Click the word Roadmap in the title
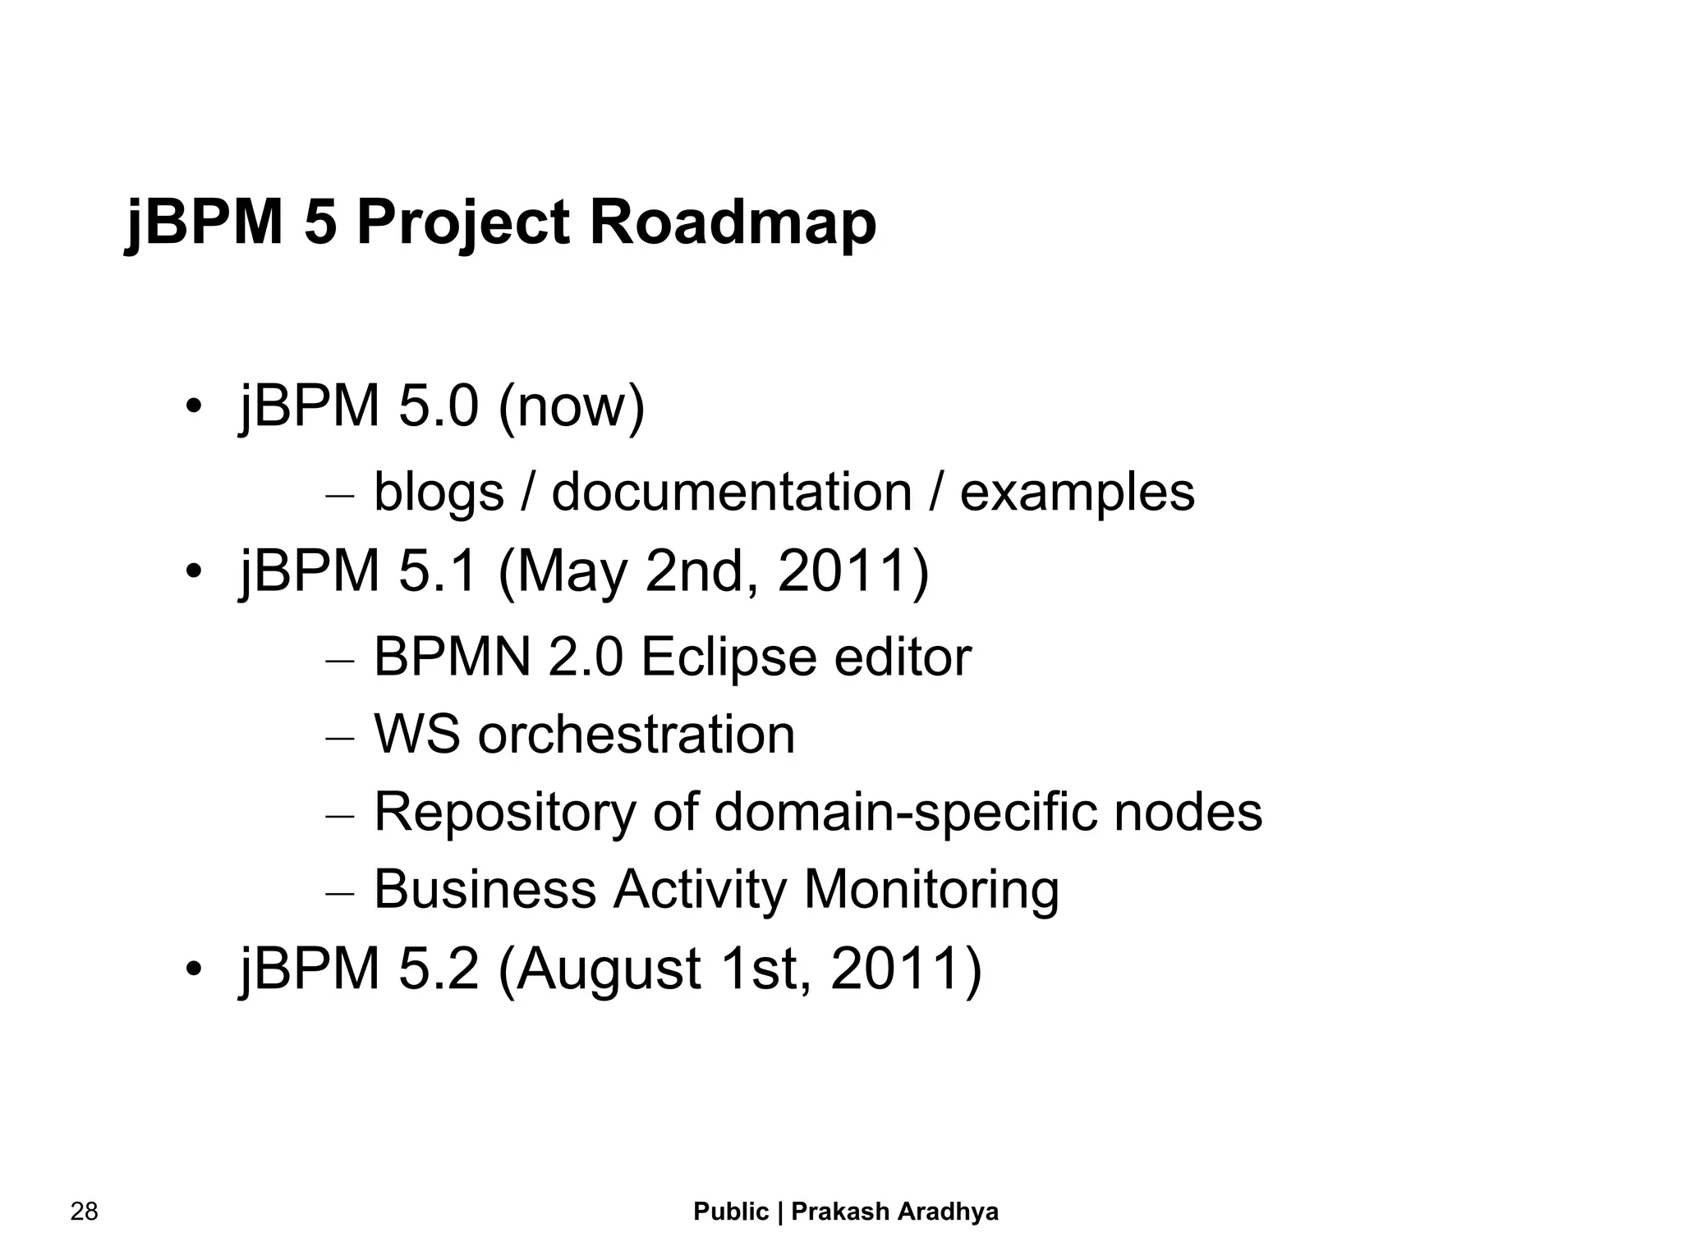733,223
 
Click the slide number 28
84,1212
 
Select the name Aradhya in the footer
948,1212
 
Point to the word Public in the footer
731,1212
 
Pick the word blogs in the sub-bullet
439,493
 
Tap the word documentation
731,493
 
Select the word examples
1077,493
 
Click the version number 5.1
438,571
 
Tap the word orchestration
636,734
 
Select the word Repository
504,813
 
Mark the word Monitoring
931,890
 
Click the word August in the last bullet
608,969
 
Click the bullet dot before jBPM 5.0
193,406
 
